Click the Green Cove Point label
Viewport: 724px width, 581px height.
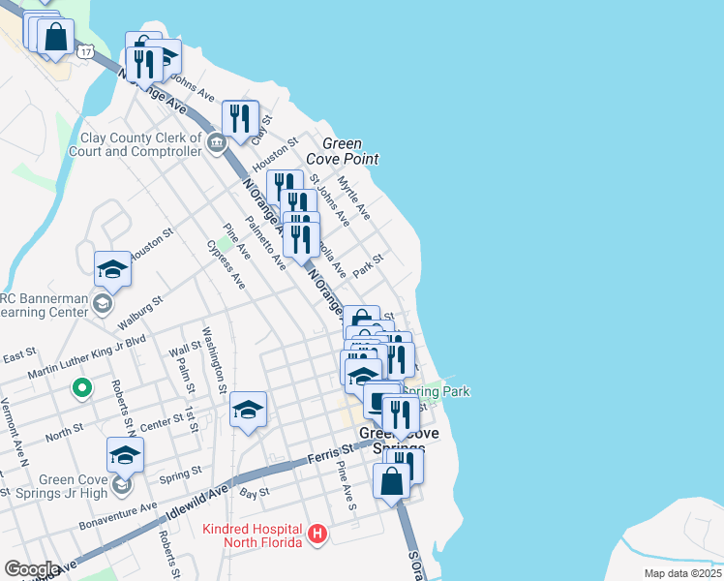[342, 151]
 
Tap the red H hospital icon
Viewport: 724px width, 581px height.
[317, 534]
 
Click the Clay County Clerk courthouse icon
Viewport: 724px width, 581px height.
[216, 144]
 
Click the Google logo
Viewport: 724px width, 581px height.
[30, 568]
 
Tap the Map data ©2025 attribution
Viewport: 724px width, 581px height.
[682, 573]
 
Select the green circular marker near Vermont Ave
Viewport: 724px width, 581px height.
[82, 389]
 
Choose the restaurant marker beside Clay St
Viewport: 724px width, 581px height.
[240, 117]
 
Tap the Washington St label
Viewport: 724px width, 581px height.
[214, 360]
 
